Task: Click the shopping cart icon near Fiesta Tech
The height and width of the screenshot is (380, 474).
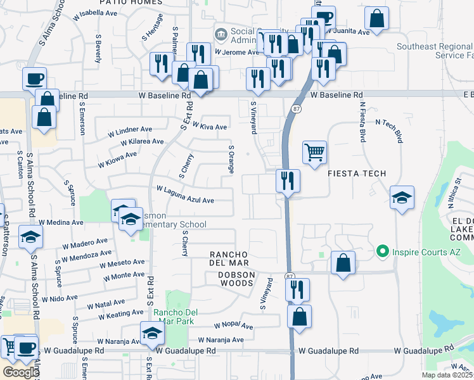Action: [x=314, y=152]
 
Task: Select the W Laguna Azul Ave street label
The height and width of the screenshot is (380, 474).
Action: [x=185, y=195]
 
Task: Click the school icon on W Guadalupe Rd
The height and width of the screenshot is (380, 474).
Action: [x=152, y=334]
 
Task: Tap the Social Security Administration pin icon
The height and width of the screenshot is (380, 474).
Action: [x=221, y=34]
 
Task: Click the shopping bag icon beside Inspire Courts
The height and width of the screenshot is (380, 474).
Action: [x=342, y=263]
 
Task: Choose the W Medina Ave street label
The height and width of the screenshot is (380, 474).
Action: [x=61, y=223]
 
